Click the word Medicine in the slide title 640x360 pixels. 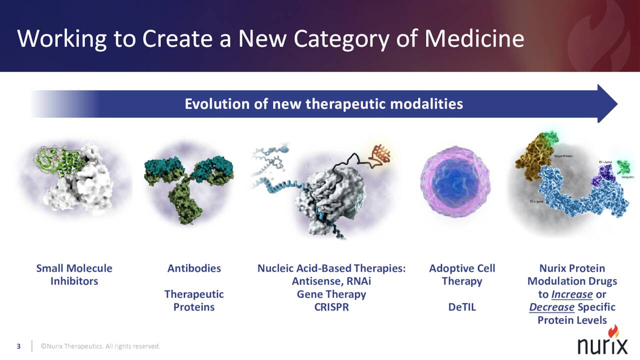[x=474, y=38]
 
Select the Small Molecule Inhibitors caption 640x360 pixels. [x=74, y=274]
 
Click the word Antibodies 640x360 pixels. [x=194, y=268]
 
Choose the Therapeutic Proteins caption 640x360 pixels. [x=194, y=300]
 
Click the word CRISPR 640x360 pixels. [x=331, y=307]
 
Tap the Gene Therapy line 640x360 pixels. [x=331, y=294]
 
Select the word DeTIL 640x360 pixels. [x=461, y=307]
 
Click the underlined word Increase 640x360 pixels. [x=571, y=294]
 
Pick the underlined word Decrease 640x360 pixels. [x=551, y=307]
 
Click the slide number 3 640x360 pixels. [x=19, y=346]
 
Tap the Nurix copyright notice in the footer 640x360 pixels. [x=100, y=346]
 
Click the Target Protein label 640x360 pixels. [x=563, y=156]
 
